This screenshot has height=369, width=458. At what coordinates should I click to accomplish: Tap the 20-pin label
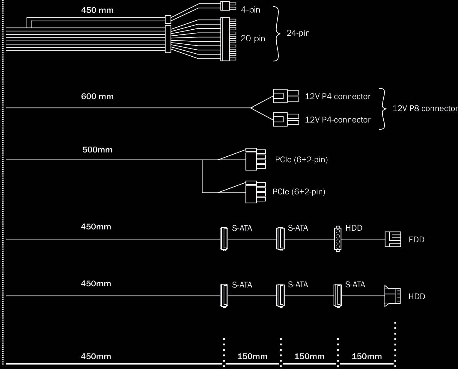coord(253,39)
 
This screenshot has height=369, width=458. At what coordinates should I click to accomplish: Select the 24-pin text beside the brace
coord(298,33)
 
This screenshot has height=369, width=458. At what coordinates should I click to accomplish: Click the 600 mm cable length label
coord(97,96)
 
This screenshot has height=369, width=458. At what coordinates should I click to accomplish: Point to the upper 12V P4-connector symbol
coord(286,96)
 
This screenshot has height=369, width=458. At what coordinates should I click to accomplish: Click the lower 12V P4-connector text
coord(338,120)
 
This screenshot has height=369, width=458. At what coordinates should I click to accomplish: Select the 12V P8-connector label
coord(425,108)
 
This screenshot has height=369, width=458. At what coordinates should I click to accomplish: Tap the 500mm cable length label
coord(97,150)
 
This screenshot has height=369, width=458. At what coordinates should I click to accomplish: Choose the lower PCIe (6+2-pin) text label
coord(299,192)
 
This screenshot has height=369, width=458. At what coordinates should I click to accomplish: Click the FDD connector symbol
coord(393,239)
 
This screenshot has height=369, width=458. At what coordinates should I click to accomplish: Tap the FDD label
coord(416,240)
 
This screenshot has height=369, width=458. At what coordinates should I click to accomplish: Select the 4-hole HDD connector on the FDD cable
coord(338,239)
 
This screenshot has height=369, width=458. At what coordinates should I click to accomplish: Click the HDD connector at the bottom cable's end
coord(392,296)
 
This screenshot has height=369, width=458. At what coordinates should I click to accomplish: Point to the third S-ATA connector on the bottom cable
coord(338,296)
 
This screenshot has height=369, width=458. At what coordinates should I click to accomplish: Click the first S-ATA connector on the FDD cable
coord(224,239)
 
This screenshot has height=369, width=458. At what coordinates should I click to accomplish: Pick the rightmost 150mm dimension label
coord(367,356)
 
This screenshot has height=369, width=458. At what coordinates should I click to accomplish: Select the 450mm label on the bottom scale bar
coord(96,356)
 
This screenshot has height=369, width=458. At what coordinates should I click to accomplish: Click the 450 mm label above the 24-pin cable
coord(97,10)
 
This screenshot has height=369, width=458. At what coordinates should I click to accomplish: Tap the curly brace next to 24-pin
coord(277,33)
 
